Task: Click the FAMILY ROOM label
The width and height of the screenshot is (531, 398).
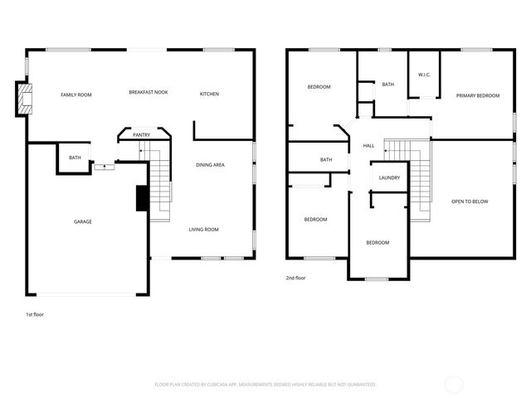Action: [x=76, y=95]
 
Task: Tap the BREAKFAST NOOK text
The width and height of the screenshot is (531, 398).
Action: [x=149, y=92]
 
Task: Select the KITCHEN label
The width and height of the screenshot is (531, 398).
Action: [x=209, y=95]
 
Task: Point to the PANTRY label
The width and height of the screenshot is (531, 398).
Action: [x=141, y=134]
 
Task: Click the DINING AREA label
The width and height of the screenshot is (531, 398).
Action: [x=210, y=165]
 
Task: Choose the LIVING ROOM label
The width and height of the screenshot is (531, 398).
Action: [x=203, y=230]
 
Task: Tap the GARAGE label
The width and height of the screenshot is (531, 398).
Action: [x=83, y=221]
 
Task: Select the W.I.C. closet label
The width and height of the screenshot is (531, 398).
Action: [x=423, y=75]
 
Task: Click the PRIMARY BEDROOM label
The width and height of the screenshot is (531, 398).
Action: [x=478, y=96]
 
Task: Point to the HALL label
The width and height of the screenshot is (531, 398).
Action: [x=368, y=146]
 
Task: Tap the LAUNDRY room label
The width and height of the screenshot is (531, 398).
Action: [x=389, y=178]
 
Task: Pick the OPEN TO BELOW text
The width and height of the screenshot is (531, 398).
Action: [x=470, y=201]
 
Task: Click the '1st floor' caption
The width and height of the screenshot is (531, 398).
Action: [x=36, y=315]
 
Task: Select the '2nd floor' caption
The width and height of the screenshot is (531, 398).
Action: [x=295, y=278]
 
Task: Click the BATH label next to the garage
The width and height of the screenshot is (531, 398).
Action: [x=75, y=158]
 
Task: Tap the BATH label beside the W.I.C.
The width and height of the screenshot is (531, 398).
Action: [x=388, y=85]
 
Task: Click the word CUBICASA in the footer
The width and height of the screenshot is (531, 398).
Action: [x=245, y=385]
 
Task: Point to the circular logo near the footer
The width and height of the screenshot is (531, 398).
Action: [x=454, y=384]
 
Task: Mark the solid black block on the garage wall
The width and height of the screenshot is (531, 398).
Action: [x=141, y=198]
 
